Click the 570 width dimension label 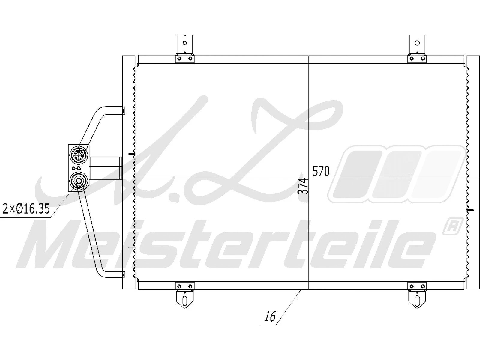pos(321,171)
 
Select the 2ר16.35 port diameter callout pos(26,208)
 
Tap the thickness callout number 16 pos(270,317)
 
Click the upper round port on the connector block pos(79,154)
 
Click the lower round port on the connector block pos(79,181)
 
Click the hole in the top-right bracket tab pos(417,43)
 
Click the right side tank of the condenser pos(473,172)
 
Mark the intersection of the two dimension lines pos(309,176)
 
